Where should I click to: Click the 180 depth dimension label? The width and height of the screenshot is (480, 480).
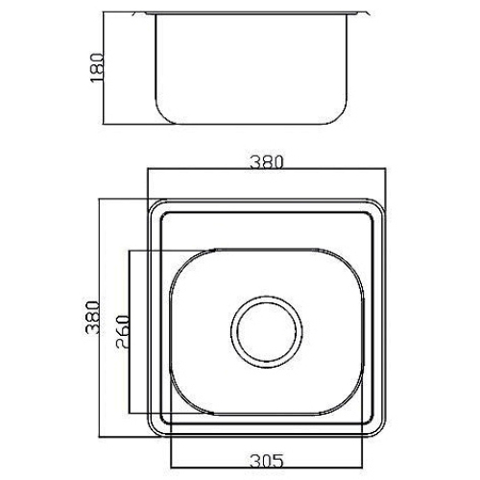coord(98,68)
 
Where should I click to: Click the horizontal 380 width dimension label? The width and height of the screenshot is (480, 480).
coord(267,162)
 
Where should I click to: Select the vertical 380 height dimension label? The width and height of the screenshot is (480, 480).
coord(93,317)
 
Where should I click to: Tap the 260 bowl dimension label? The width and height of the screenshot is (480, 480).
coord(124,332)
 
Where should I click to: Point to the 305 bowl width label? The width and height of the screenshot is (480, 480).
coord(267,461)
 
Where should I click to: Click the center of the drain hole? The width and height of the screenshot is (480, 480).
coord(267,332)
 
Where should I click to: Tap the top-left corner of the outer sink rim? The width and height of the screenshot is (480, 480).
coord(153,204)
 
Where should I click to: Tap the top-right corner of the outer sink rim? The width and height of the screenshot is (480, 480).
coord(381,204)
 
